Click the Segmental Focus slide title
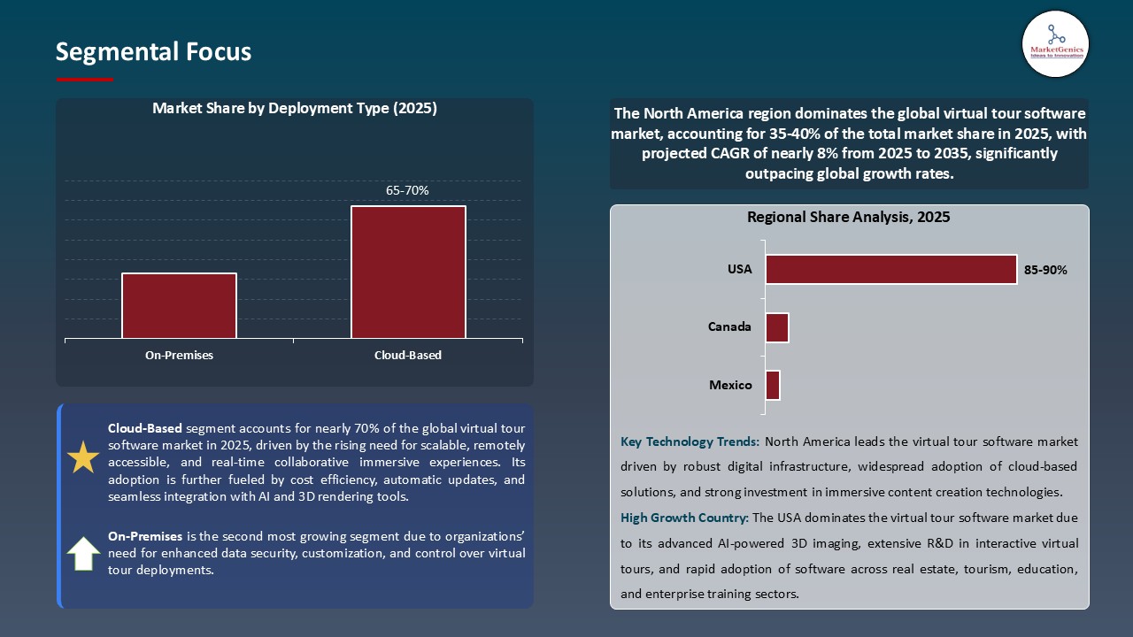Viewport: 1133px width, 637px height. coord(153,52)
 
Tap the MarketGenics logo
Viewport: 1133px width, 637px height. coord(1055,44)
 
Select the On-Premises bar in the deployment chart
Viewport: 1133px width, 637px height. coord(179,305)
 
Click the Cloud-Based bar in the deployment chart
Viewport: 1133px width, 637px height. coord(408,272)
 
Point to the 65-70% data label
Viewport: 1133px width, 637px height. coord(407,190)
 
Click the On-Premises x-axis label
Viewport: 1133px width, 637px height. coord(179,356)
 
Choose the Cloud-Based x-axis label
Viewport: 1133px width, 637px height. coord(407,356)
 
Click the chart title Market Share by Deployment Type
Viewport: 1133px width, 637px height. coord(295,108)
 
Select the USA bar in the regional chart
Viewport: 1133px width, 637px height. coord(890,270)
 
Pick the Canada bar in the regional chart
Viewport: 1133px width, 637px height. coord(777,327)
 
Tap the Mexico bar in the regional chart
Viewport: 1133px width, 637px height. coord(773,385)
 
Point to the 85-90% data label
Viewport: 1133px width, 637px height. coord(1045,271)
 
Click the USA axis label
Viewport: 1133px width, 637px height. coord(739,270)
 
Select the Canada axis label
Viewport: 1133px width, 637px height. coord(729,327)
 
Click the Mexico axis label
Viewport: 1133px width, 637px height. coord(730,385)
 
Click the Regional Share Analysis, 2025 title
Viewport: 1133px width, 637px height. coord(848,218)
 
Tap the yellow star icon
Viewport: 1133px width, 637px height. coord(83,457)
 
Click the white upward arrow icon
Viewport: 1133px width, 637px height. coord(83,554)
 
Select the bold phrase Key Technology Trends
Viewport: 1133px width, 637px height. coord(690,441)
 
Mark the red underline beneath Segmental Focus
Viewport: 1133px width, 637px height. coord(85,80)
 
